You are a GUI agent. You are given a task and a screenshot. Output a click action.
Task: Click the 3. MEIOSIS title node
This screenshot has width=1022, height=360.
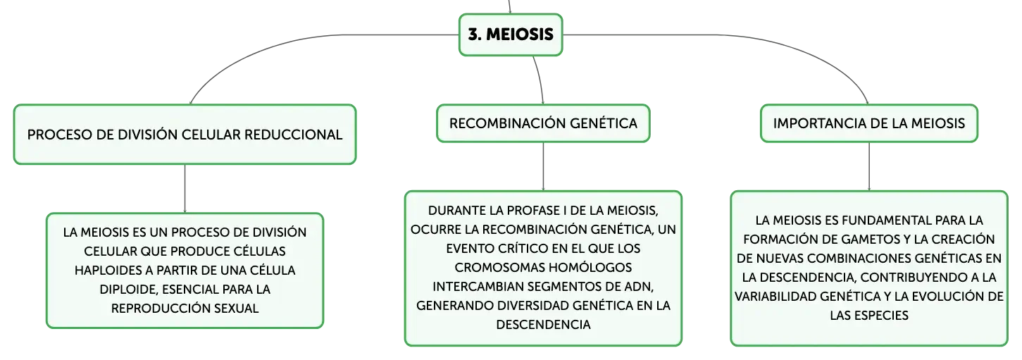(511, 35)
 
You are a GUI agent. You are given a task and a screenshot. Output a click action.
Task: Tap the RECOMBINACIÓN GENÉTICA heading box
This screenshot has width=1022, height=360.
(543, 123)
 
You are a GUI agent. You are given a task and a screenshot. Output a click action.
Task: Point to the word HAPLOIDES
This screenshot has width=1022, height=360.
(108, 271)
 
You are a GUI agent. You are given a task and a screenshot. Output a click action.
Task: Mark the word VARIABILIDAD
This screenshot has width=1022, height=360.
(775, 297)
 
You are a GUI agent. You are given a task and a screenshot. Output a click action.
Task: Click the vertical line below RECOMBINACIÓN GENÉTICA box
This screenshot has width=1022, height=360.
(543, 166)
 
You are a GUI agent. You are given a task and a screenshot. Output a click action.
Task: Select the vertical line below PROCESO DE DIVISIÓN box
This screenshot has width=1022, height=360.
(185, 188)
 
